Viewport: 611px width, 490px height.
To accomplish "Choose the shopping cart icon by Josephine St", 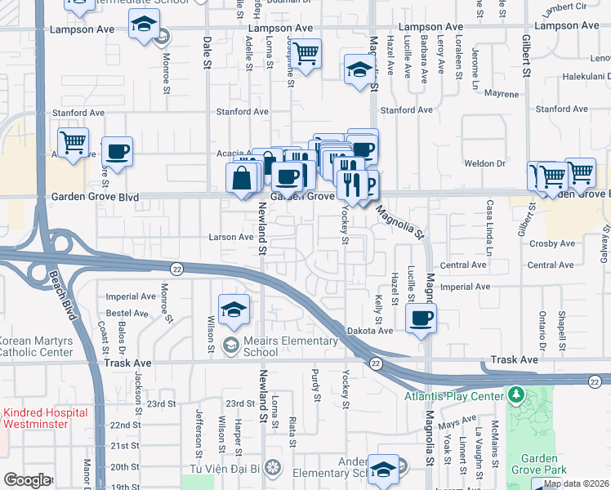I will click(305, 55).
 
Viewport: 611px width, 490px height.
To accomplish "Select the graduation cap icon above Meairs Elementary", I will click(234, 310).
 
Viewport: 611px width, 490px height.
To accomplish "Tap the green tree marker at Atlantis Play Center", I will click(515, 396).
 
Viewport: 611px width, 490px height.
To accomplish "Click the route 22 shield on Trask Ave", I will click(375, 362).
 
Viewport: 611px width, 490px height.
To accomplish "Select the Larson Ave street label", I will click(234, 237).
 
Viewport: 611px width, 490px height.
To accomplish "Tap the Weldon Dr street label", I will click(489, 163).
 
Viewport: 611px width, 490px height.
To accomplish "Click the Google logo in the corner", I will click(27, 479).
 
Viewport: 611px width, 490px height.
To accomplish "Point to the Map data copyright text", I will click(576, 483).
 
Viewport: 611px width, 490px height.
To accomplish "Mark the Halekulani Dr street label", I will click(581, 77).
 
